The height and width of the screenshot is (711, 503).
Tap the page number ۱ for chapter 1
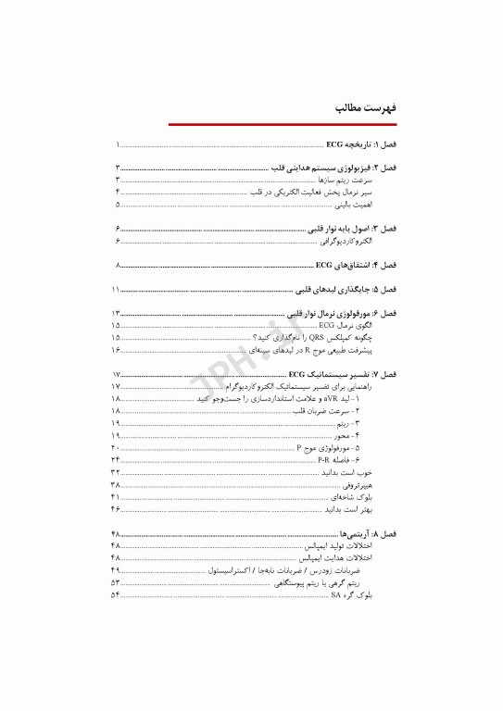tap(118, 146)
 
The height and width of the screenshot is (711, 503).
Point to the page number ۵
tap(118, 203)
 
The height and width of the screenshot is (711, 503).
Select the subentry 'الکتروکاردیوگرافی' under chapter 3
tap(346, 241)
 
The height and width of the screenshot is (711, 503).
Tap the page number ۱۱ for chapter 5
tap(116, 290)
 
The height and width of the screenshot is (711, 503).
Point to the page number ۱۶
tap(116, 350)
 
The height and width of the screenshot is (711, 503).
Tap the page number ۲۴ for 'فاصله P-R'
tap(116, 459)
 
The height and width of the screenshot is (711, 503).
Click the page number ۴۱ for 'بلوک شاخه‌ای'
tap(116, 496)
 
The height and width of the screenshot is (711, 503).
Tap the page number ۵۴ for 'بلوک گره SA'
tap(116, 595)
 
